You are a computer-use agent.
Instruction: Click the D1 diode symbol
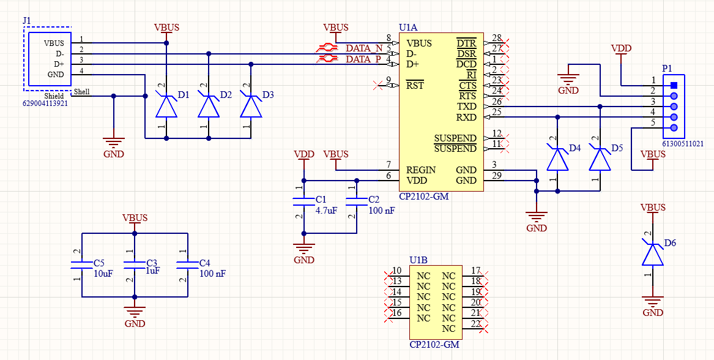coord(166,106)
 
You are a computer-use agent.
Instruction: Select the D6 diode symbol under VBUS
coord(653,254)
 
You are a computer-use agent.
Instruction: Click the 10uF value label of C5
coord(103,274)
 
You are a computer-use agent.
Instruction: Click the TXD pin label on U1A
coord(467,107)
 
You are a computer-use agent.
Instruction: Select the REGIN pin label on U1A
coord(421,170)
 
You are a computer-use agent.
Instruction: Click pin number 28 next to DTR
coord(496,39)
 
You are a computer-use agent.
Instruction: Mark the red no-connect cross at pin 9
coord(378,86)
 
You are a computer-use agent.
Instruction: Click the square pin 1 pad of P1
coord(674,86)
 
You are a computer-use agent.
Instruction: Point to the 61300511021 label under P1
coord(682,144)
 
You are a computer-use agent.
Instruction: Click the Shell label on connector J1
coord(81,92)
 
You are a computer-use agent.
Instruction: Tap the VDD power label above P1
coord(621,48)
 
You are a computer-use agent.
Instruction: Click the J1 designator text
coord(26,21)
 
